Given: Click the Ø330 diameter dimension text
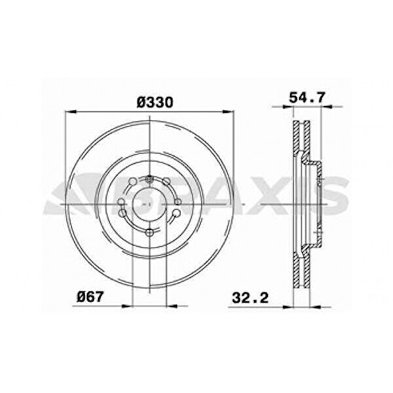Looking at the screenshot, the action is (x=155, y=102).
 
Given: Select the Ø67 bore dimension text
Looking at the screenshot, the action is (x=90, y=297).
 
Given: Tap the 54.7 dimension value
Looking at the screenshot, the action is (x=307, y=98).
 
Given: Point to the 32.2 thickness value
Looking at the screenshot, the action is (x=250, y=298).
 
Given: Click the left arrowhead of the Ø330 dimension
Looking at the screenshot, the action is (x=70, y=112).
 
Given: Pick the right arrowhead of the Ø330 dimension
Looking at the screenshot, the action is (x=229, y=112).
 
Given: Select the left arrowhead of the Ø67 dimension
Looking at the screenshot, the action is (x=127, y=306).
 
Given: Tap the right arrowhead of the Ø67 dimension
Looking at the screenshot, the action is (x=172, y=306).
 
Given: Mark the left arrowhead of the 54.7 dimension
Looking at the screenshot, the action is (x=288, y=107).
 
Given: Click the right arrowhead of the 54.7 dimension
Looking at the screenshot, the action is (x=326, y=107).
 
